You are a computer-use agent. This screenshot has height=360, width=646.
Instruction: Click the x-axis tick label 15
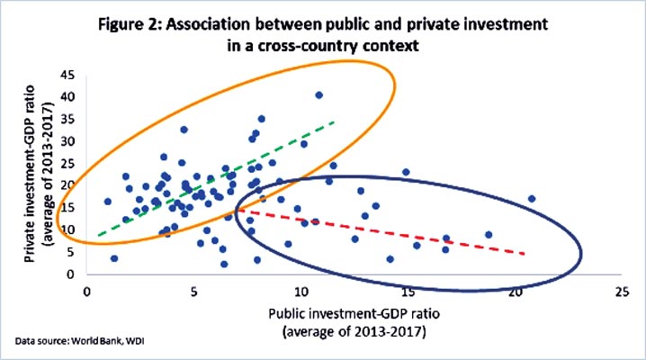[x=407, y=291]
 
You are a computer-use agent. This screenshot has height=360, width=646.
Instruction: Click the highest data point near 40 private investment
[x=319, y=94]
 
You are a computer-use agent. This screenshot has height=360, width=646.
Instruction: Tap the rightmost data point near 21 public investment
[x=532, y=199]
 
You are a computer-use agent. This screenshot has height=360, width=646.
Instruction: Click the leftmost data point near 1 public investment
[x=108, y=202]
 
